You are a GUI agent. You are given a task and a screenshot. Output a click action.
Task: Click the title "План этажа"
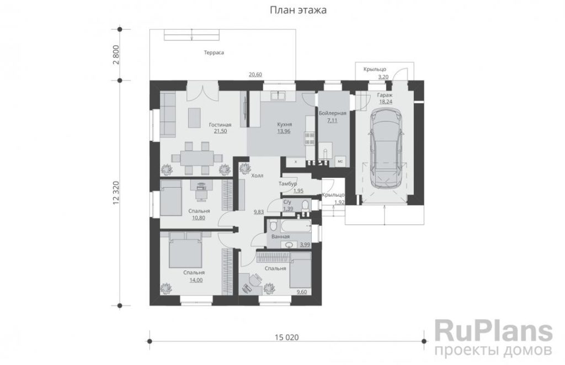pos(298,10)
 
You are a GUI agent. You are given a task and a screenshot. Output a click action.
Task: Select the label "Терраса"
pos(214,52)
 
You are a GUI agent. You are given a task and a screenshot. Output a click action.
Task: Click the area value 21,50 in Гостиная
pos(220,131)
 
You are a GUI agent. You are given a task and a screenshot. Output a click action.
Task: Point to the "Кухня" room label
pos(284,124)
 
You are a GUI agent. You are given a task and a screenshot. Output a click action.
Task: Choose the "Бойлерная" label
pos(332,113)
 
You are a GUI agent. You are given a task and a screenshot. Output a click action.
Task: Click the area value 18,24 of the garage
pos(385,102)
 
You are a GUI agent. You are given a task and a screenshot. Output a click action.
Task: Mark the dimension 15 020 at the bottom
pos(287,337)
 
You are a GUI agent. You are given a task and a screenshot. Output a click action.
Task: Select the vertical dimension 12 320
pos(116,193)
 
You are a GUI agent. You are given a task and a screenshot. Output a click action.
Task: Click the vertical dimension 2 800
pos(116,55)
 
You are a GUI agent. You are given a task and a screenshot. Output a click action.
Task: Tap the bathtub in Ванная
pos(296,226)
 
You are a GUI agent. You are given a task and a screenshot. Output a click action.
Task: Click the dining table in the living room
pos(197,158)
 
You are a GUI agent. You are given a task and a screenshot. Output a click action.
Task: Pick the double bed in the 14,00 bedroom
pos(185,250)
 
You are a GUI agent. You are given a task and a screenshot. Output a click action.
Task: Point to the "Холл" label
pos(257,176)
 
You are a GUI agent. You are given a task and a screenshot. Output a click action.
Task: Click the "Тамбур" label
pos(287,184)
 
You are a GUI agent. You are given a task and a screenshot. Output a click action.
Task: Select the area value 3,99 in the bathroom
pos(305,245)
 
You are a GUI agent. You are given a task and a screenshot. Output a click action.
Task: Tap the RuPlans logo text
pos(493,331)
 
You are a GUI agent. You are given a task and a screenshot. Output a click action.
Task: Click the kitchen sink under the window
pos(278,96)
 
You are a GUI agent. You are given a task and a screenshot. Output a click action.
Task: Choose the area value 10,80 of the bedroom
pos(199,218)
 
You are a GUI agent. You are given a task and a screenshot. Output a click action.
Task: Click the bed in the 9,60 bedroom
pos(301,270)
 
